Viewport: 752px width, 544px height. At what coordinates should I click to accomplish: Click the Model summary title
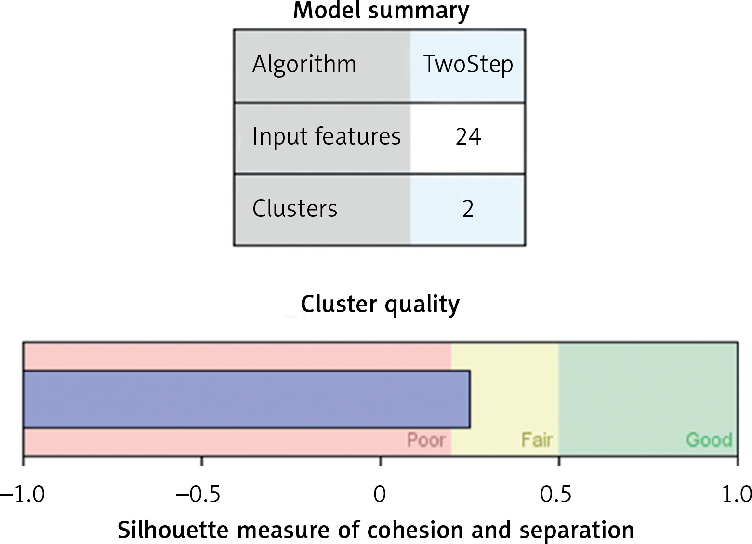tap(381, 12)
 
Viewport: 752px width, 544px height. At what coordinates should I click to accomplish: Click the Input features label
tap(326, 136)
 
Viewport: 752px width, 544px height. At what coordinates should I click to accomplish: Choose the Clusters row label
tap(294, 209)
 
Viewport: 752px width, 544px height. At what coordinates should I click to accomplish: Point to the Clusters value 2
tap(468, 209)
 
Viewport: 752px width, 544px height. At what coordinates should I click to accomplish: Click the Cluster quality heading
tap(380, 305)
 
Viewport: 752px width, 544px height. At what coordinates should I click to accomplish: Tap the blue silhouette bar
tap(247, 399)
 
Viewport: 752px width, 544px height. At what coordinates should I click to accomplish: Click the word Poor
tap(426, 440)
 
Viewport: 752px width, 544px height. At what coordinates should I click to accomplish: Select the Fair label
tap(537, 440)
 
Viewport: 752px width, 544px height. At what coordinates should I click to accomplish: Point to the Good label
tap(709, 440)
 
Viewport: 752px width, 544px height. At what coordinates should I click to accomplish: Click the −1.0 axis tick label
tap(22, 495)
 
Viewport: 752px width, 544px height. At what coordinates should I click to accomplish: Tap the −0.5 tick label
tap(198, 495)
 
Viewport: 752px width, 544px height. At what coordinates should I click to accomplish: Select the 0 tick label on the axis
tap(380, 495)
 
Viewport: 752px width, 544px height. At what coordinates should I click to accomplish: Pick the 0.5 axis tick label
tap(555, 495)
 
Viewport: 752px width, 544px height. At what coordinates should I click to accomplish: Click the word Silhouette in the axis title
tap(173, 530)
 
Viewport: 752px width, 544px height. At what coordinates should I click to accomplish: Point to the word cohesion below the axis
tap(416, 530)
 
